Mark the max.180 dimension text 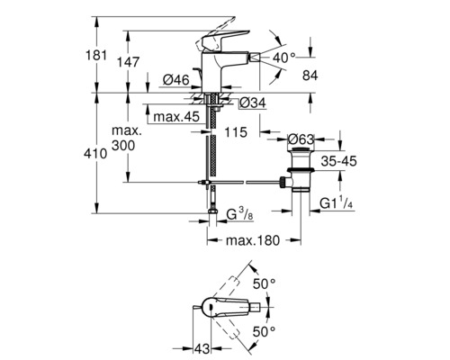coord(248,240)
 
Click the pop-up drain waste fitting coord(296,171)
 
